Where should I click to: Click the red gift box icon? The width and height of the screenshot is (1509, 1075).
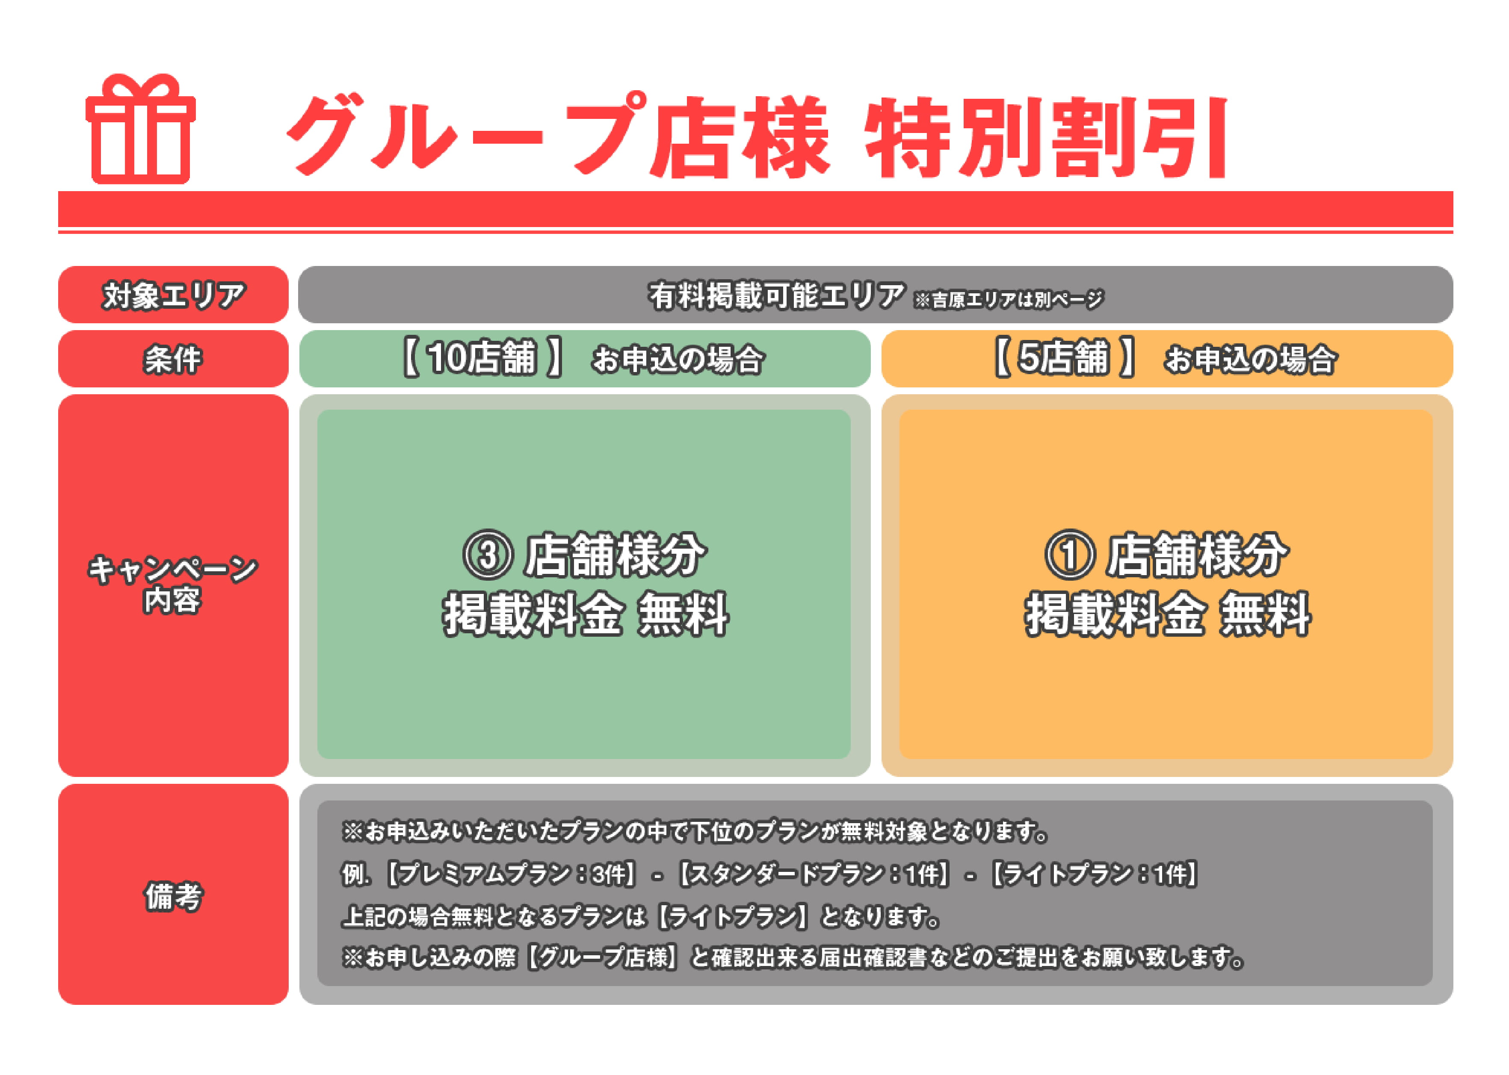point(140,129)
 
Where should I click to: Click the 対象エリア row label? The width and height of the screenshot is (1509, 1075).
point(174,295)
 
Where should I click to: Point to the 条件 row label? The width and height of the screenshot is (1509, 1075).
point(174,360)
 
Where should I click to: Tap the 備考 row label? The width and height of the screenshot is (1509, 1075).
point(174,896)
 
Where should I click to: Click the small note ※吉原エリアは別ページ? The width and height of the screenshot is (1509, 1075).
point(1009,300)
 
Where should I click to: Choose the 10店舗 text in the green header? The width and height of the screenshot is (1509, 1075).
point(481,358)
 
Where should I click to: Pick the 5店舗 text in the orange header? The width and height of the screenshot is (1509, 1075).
point(1063,358)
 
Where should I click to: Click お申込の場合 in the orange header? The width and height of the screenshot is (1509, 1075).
point(1251,360)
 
